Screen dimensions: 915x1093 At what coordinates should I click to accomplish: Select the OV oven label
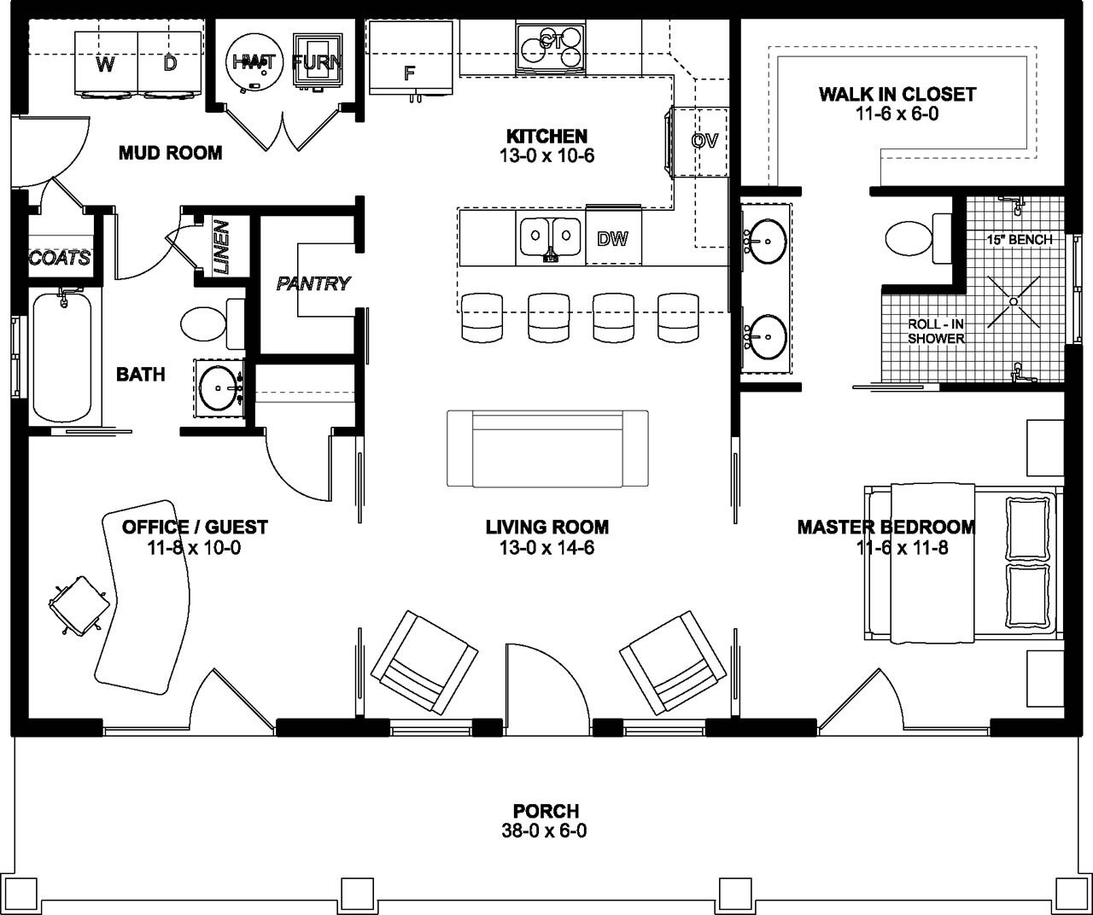(704, 141)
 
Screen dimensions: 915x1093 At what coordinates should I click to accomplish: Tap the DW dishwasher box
(612, 239)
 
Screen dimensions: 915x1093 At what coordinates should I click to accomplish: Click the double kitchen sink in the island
(551, 237)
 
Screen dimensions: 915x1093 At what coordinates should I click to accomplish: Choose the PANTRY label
(313, 283)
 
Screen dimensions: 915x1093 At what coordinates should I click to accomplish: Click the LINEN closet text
(221, 247)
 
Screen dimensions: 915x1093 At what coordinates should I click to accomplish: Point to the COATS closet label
(60, 258)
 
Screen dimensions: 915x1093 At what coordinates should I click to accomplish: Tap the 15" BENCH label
(1019, 240)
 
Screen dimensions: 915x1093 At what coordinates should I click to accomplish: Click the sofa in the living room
(548, 448)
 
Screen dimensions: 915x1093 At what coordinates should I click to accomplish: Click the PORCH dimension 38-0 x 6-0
(546, 830)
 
